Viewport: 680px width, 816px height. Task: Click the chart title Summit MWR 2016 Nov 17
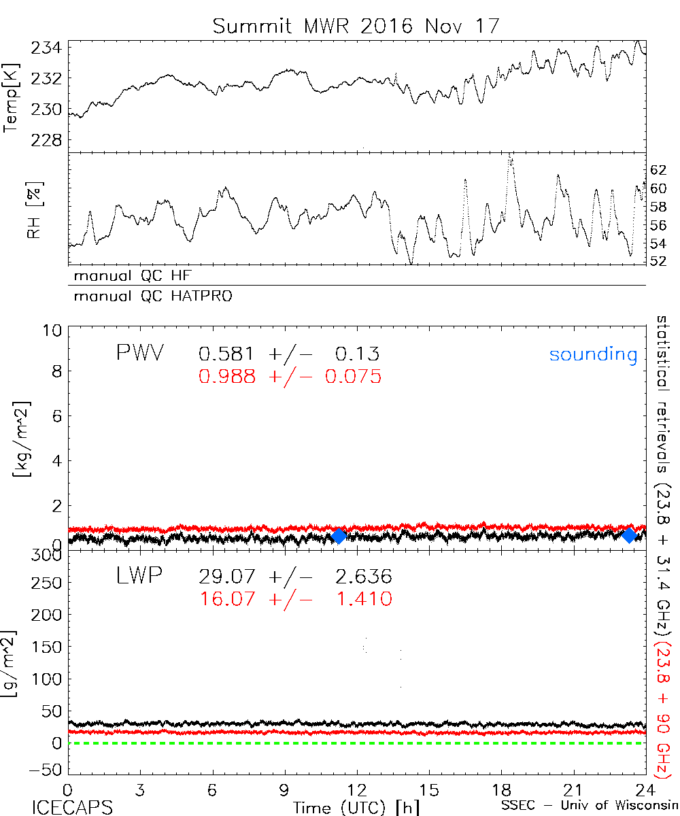356,26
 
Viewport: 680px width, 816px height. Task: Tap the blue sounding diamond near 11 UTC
339,536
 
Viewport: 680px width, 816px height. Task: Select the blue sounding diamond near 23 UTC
630,535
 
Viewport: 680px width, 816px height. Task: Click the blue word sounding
593,354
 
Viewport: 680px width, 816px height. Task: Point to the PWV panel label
139,354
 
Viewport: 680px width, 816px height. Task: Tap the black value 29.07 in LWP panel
227,577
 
